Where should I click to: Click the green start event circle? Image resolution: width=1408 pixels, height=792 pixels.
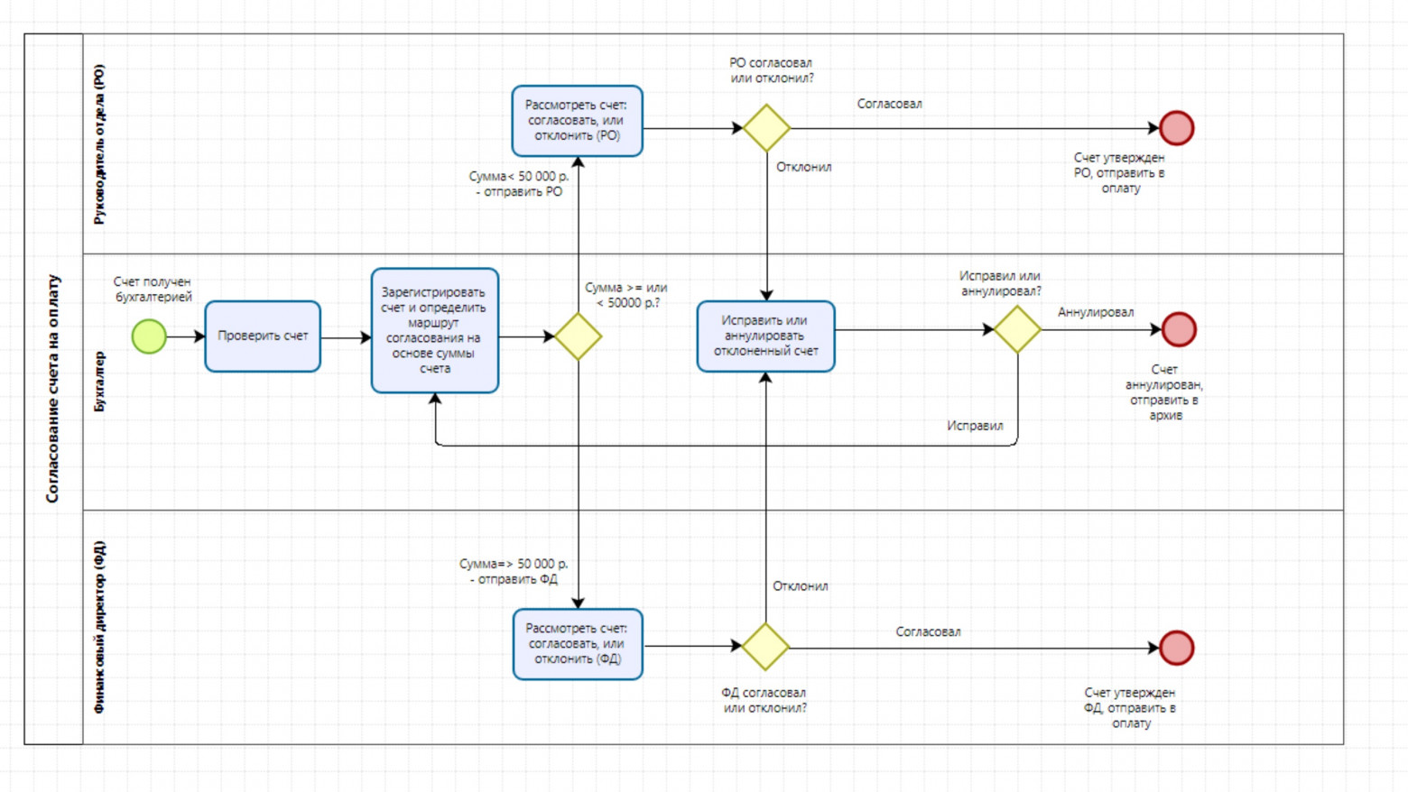[x=149, y=336]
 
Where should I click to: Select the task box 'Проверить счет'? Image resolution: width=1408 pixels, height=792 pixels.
[x=263, y=336]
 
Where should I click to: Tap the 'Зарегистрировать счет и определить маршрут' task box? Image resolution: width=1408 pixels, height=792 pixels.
[x=434, y=330]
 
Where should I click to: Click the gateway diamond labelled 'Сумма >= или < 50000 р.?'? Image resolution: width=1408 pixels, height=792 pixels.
[x=578, y=336]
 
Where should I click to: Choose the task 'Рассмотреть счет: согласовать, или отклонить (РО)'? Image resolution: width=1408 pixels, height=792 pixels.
[x=577, y=121]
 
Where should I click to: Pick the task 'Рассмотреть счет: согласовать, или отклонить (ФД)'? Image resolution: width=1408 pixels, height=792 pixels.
[x=578, y=644]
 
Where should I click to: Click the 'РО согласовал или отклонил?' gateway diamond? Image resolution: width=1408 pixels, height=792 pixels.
[x=766, y=128]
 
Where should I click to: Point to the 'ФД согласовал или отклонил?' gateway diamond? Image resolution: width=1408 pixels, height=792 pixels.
[x=765, y=647]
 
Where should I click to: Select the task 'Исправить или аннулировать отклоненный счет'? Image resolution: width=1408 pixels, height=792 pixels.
[x=765, y=336]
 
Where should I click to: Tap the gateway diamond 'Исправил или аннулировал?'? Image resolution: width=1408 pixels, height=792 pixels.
[x=1017, y=329]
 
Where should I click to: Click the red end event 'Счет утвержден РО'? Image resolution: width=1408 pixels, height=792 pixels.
[x=1176, y=128]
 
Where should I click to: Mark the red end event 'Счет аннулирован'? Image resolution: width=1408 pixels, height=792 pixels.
[x=1179, y=329]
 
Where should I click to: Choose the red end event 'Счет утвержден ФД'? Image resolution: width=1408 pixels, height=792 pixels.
[x=1176, y=648]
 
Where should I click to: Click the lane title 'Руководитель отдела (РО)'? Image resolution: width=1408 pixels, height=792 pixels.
[x=99, y=144]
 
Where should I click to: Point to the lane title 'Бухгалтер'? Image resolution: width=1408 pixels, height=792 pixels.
[x=99, y=382]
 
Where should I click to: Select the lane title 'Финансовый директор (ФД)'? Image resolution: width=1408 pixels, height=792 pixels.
[x=99, y=627]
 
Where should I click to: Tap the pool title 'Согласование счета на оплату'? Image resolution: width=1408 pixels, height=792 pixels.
[x=52, y=388]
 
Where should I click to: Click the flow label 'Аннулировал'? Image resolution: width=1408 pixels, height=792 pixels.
[x=1096, y=312]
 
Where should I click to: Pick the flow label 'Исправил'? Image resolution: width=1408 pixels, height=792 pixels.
[x=975, y=426]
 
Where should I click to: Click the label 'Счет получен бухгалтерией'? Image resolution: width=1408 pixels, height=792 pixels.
[x=153, y=290]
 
